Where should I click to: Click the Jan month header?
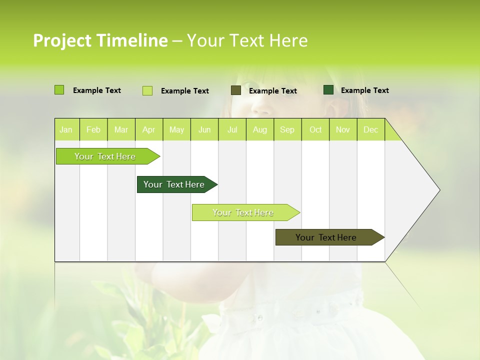[x=66, y=130]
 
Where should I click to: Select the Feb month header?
[x=93, y=130]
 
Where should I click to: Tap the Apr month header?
[x=148, y=130]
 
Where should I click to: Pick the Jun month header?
[x=204, y=130]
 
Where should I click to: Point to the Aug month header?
[x=259, y=130]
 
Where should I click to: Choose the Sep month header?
[x=287, y=130]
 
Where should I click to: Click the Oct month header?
[x=315, y=130]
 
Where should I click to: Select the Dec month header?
[x=370, y=130]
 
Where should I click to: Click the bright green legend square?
[x=59, y=90]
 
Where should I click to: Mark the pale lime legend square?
[x=147, y=90]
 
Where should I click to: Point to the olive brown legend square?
[x=235, y=90]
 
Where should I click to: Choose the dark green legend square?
[x=328, y=90]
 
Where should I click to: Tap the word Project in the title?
[x=61, y=40]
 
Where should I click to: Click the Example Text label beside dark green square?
[x=364, y=90]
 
